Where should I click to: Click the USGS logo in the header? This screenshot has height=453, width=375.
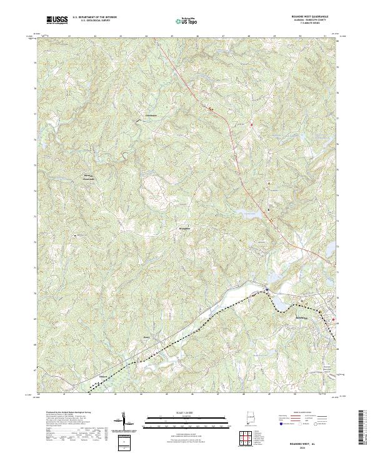[57, 20]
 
